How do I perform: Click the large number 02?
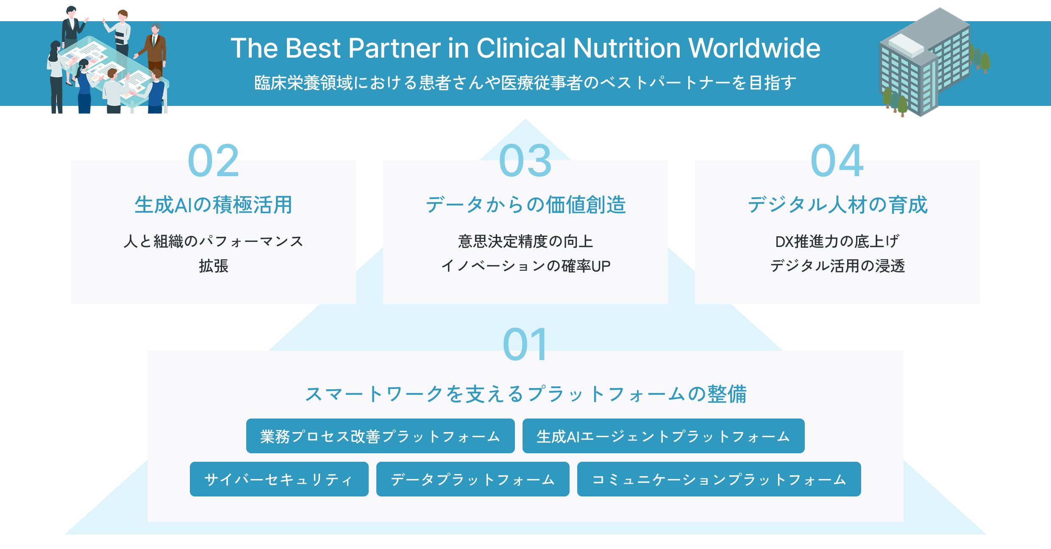point(214,161)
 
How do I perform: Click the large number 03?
point(525,161)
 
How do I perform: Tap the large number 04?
point(837,161)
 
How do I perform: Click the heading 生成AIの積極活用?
point(214,205)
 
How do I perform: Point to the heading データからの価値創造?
point(525,205)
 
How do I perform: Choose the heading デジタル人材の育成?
point(837,205)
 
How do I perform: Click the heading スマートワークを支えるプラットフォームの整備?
point(525,394)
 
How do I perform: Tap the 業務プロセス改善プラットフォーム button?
point(380,436)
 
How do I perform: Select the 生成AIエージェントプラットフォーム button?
point(663,436)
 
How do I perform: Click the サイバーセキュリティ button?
point(279,479)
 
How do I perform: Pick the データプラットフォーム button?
point(473,479)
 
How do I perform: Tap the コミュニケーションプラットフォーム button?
point(719,479)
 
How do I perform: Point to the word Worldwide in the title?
point(754,48)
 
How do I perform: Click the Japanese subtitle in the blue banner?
point(525,83)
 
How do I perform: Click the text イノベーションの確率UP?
point(525,266)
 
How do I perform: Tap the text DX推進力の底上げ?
point(837,241)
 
